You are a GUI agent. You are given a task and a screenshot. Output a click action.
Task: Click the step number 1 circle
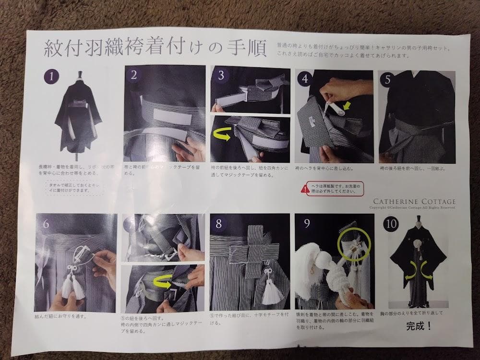(50, 76)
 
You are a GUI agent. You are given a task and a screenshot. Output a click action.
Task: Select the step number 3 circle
(221, 75)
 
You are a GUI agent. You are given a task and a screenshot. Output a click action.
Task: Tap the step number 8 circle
(220, 224)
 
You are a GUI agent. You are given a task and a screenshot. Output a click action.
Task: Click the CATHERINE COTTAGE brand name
(413, 202)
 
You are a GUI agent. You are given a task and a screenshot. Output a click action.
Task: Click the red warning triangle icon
(304, 189)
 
